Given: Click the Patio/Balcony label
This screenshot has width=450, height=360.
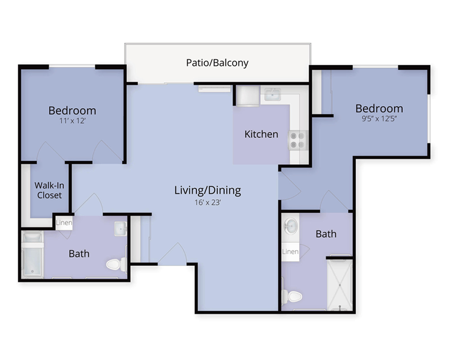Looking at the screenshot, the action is click(x=217, y=63).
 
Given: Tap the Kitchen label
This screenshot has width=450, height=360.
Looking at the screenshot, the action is click(x=261, y=134).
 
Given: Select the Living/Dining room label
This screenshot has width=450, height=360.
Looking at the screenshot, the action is click(x=207, y=190).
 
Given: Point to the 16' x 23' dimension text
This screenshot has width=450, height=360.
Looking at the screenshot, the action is click(x=207, y=202).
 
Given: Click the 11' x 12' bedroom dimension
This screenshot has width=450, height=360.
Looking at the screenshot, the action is click(x=72, y=121).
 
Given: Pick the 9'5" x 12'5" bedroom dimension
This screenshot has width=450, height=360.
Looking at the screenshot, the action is click(x=379, y=118).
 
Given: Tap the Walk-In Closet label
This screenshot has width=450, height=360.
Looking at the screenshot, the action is click(x=49, y=190).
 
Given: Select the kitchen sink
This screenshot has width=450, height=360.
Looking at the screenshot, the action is click(x=272, y=94).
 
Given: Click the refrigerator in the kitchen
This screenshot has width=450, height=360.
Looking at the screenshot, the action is click(x=248, y=95).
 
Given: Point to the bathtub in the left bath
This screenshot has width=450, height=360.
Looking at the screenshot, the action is click(x=32, y=255).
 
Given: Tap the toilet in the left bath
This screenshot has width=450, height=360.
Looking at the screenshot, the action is click(x=117, y=265).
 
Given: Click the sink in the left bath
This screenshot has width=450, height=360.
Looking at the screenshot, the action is click(x=121, y=229).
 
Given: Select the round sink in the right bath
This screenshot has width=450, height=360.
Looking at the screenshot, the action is click(x=290, y=226).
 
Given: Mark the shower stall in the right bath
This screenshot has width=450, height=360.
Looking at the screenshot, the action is click(x=340, y=284).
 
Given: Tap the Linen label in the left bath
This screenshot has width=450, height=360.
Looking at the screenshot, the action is click(x=64, y=222).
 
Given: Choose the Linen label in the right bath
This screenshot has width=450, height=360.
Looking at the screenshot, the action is click(x=290, y=252).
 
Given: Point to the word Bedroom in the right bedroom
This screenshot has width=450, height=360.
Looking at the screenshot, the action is click(x=379, y=108).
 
